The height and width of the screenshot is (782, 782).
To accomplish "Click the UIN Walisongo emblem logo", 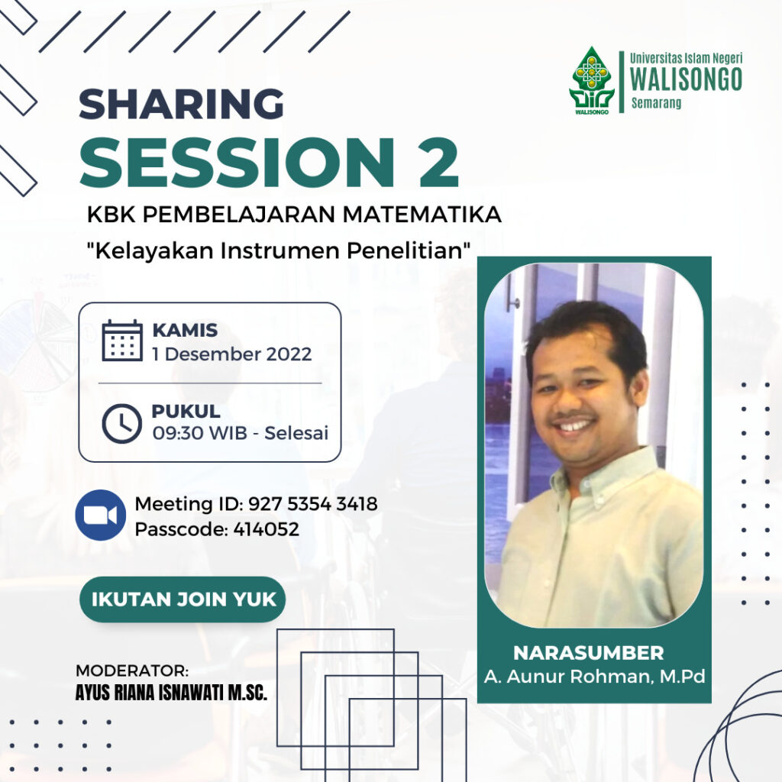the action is pyautogui.click(x=592, y=81).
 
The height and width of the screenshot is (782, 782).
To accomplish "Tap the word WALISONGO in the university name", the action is pyautogui.click(x=686, y=79).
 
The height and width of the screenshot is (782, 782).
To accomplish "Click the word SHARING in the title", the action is pyautogui.click(x=181, y=104).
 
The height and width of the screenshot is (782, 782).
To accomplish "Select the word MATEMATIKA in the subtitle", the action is pyautogui.click(x=422, y=215).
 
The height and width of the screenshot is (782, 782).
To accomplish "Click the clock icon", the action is pyautogui.click(x=121, y=423).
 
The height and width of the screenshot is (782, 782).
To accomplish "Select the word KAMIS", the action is pyautogui.click(x=185, y=330).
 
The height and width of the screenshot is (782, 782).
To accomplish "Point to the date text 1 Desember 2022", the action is pyautogui.click(x=232, y=354).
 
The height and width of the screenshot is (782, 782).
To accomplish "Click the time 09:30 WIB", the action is pyautogui.click(x=199, y=433).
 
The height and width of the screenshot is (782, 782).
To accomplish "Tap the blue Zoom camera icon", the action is pyautogui.click(x=100, y=515).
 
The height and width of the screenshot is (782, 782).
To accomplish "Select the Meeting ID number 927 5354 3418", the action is pyautogui.click(x=312, y=504).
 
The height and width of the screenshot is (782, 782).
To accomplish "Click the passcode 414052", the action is pyautogui.click(x=266, y=528).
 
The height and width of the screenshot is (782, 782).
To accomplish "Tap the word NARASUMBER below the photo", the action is pyautogui.click(x=589, y=652).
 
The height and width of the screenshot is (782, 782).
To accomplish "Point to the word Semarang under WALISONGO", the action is pyautogui.click(x=656, y=103).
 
